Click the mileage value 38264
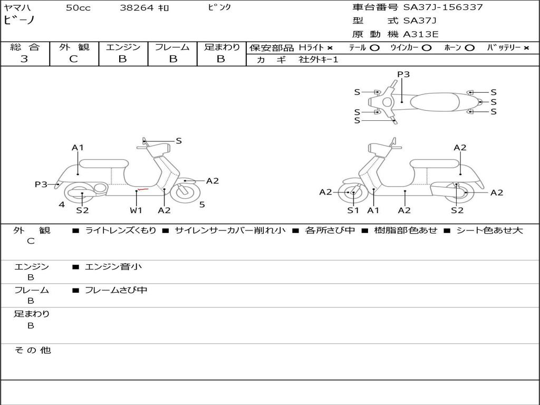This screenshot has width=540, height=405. (x=137, y=8)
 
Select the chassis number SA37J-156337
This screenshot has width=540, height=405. (x=443, y=7)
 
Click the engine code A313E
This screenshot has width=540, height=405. (x=421, y=34)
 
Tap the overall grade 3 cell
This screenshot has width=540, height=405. (x=24, y=59)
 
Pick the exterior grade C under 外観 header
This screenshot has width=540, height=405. (x=74, y=59)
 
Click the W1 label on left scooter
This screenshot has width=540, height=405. (x=136, y=210)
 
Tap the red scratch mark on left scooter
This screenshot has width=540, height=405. (x=141, y=189)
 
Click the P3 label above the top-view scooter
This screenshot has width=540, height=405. (x=403, y=74)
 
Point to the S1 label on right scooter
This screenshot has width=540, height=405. (x=353, y=210)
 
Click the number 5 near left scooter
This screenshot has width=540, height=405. (x=202, y=205)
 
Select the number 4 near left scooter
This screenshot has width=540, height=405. (x=62, y=205)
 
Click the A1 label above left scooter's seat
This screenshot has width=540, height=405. (x=78, y=148)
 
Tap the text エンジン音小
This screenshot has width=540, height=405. (x=113, y=267)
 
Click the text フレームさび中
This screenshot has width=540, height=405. (x=116, y=290)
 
